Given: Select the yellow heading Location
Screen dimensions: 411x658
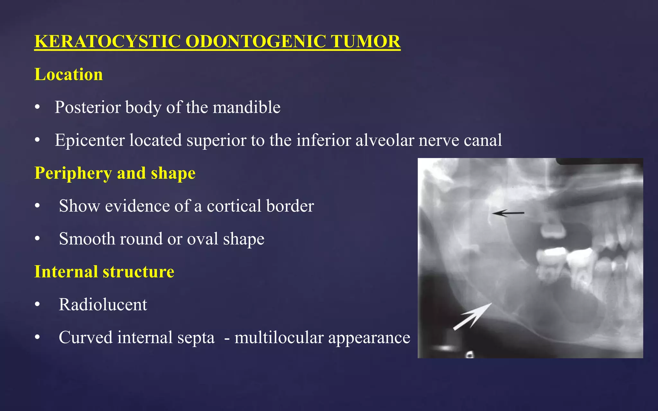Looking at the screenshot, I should point(68,74).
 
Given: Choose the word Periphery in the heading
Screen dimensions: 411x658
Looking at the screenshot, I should point(73,173).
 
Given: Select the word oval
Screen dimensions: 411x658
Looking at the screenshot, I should point(202,239).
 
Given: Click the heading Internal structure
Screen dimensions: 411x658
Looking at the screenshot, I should point(104,272).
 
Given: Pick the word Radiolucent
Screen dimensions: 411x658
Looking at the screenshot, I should point(103,304).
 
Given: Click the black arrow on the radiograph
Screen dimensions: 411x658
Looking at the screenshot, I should point(508,213).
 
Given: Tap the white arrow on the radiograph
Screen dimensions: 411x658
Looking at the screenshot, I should point(472,316).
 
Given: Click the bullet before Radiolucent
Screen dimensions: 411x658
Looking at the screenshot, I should point(38,305).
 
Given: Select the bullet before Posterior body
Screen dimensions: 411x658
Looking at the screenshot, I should point(38,108).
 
